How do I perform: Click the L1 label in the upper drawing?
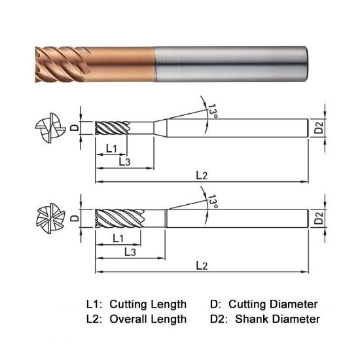(x=111, y=148)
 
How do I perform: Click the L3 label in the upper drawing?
(x=126, y=160)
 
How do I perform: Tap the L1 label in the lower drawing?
(x=119, y=237)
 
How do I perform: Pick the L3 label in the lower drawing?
(x=130, y=251)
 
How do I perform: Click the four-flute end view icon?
(x=50, y=127)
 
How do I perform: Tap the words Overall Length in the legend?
(x=148, y=319)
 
